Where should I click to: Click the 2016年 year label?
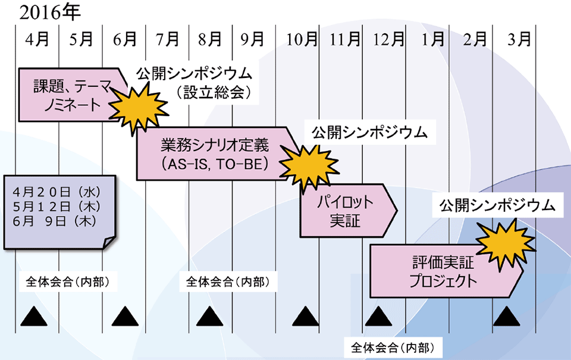50,12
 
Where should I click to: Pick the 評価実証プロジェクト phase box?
443,271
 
